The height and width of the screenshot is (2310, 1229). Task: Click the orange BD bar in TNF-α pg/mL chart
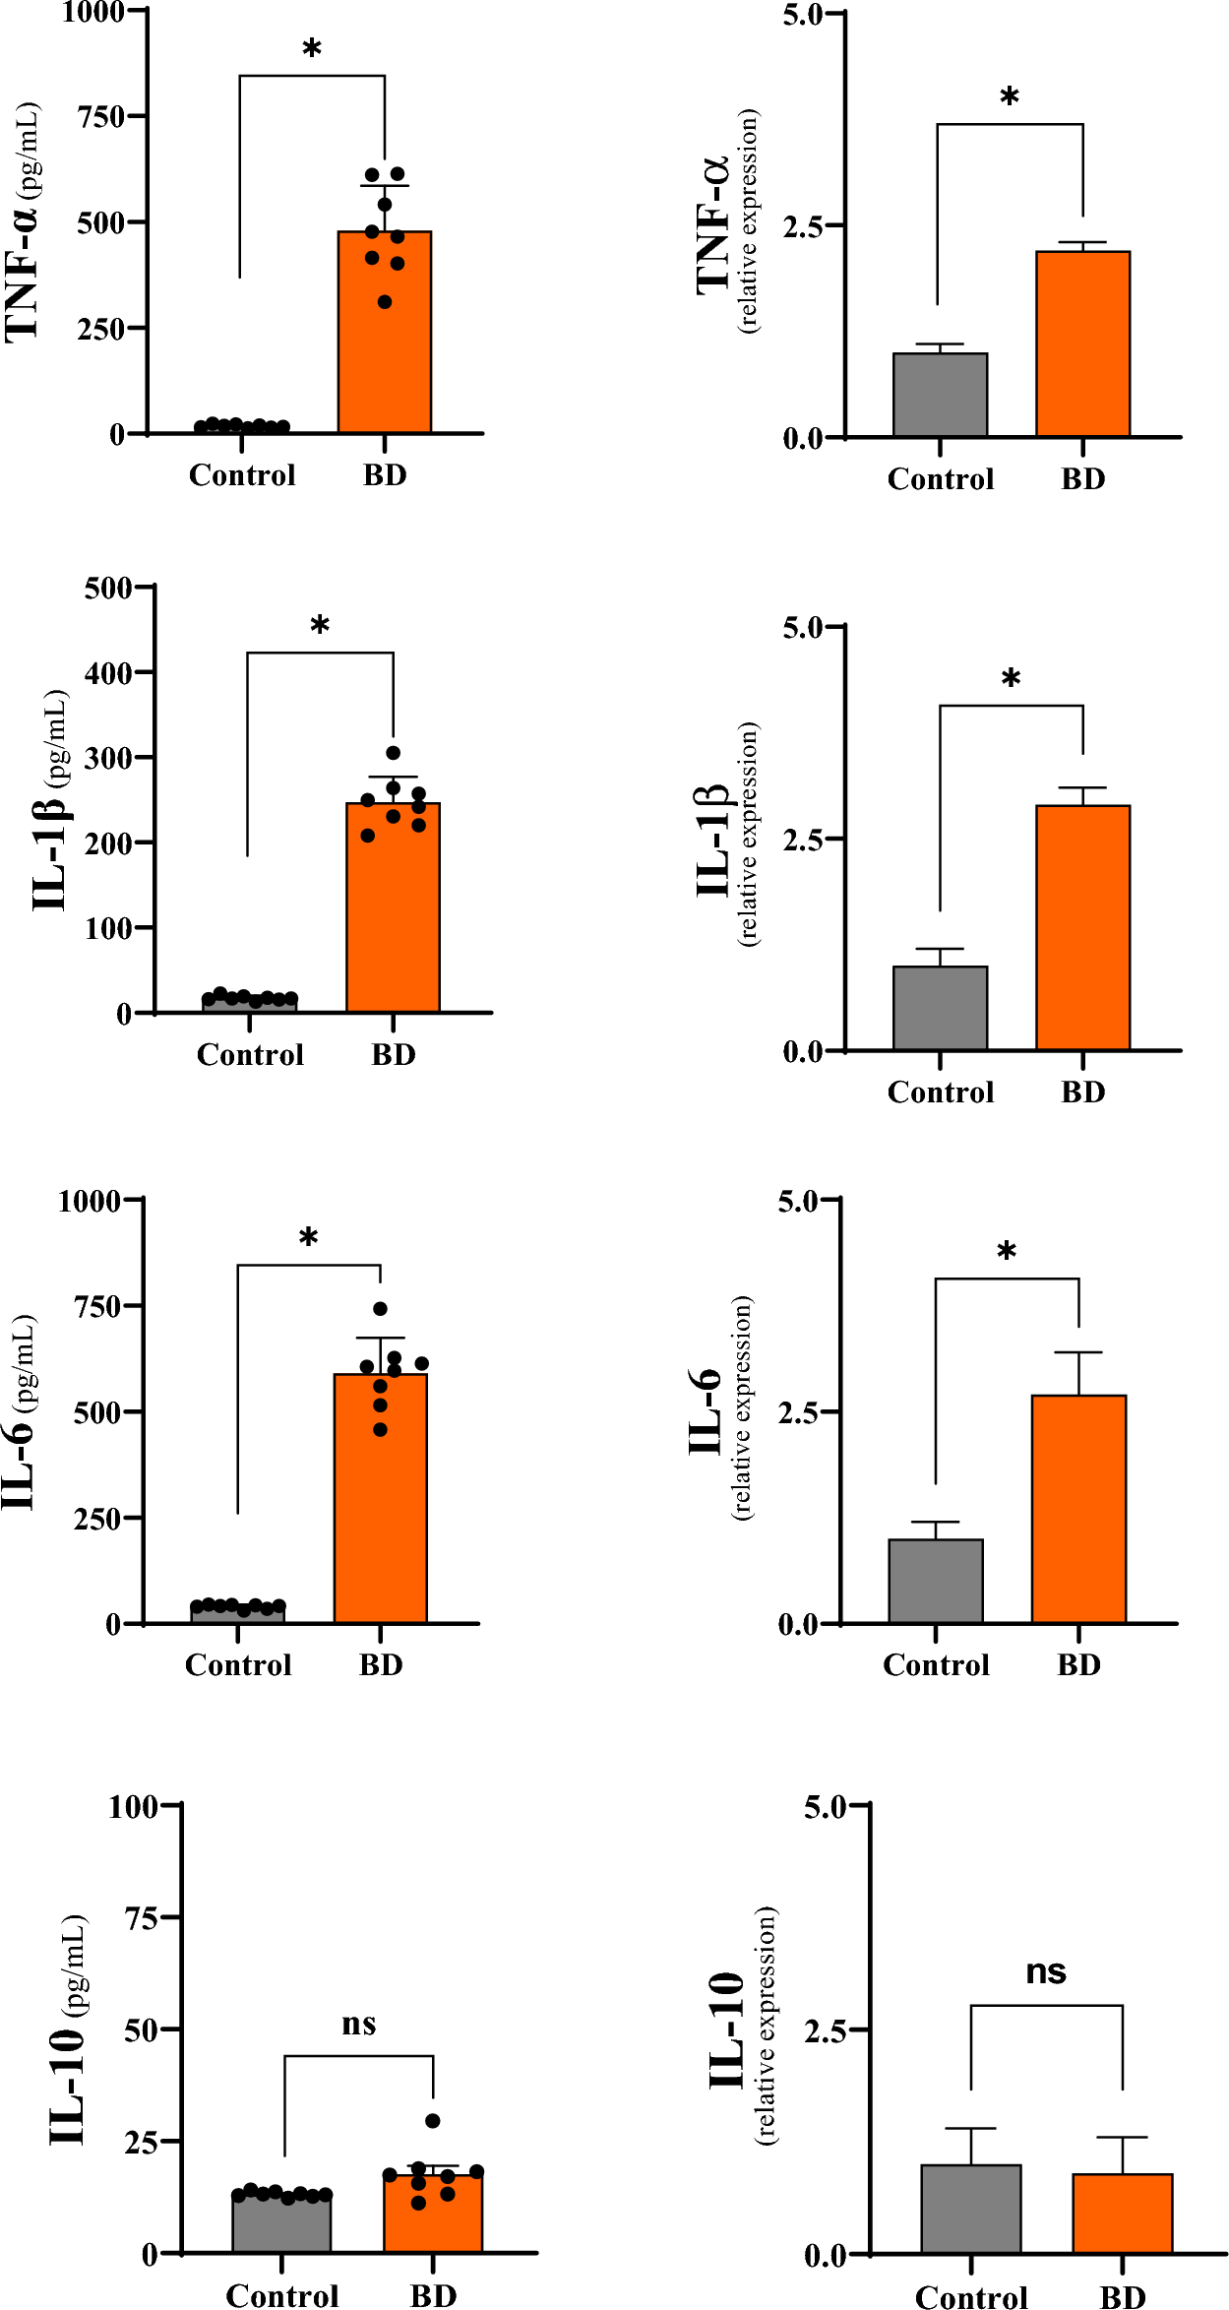point(385,335)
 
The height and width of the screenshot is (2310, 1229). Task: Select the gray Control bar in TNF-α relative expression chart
point(940,396)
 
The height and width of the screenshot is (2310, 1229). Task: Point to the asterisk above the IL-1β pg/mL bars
point(320,625)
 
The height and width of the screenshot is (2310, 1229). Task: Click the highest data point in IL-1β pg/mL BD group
point(393,753)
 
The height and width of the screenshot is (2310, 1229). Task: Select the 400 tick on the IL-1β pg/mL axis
point(108,674)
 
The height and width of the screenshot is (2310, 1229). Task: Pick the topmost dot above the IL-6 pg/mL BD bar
point(380,1308)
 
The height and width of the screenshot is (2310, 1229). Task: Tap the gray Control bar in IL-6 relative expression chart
point(935,1581)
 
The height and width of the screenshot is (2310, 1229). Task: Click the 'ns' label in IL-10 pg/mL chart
point(359,2025)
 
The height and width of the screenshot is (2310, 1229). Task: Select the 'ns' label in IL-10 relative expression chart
point(1046,1971)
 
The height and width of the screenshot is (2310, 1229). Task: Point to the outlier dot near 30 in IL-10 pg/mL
point(433,2120)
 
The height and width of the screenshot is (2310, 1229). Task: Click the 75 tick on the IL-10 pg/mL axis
point(142,1917)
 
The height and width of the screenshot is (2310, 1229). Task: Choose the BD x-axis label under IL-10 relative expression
point(1122,2297)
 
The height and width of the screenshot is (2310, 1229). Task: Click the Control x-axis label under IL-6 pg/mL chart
point(238,1665)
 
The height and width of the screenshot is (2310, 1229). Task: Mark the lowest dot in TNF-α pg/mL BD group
point(385,302)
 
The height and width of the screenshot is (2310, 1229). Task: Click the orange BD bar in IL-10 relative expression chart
point(1122,2214)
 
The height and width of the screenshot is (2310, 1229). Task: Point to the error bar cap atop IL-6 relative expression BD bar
point(1078,1352)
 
